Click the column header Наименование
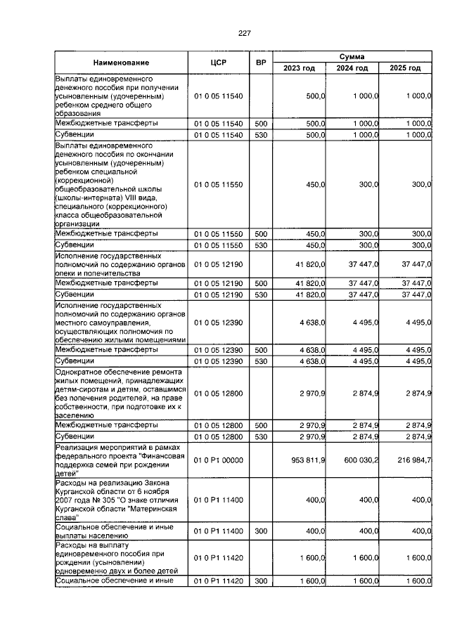point(120,63)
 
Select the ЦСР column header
point(218,63)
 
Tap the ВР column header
point(261,63)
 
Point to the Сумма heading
point(352,56)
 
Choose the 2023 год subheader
point(299,68)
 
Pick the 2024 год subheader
point(352,68)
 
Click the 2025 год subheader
point(405,68)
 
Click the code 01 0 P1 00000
point(218,459)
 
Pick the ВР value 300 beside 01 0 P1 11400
point(261,531)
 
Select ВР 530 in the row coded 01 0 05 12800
point(261,436)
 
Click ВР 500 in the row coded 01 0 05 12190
point(261,283)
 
